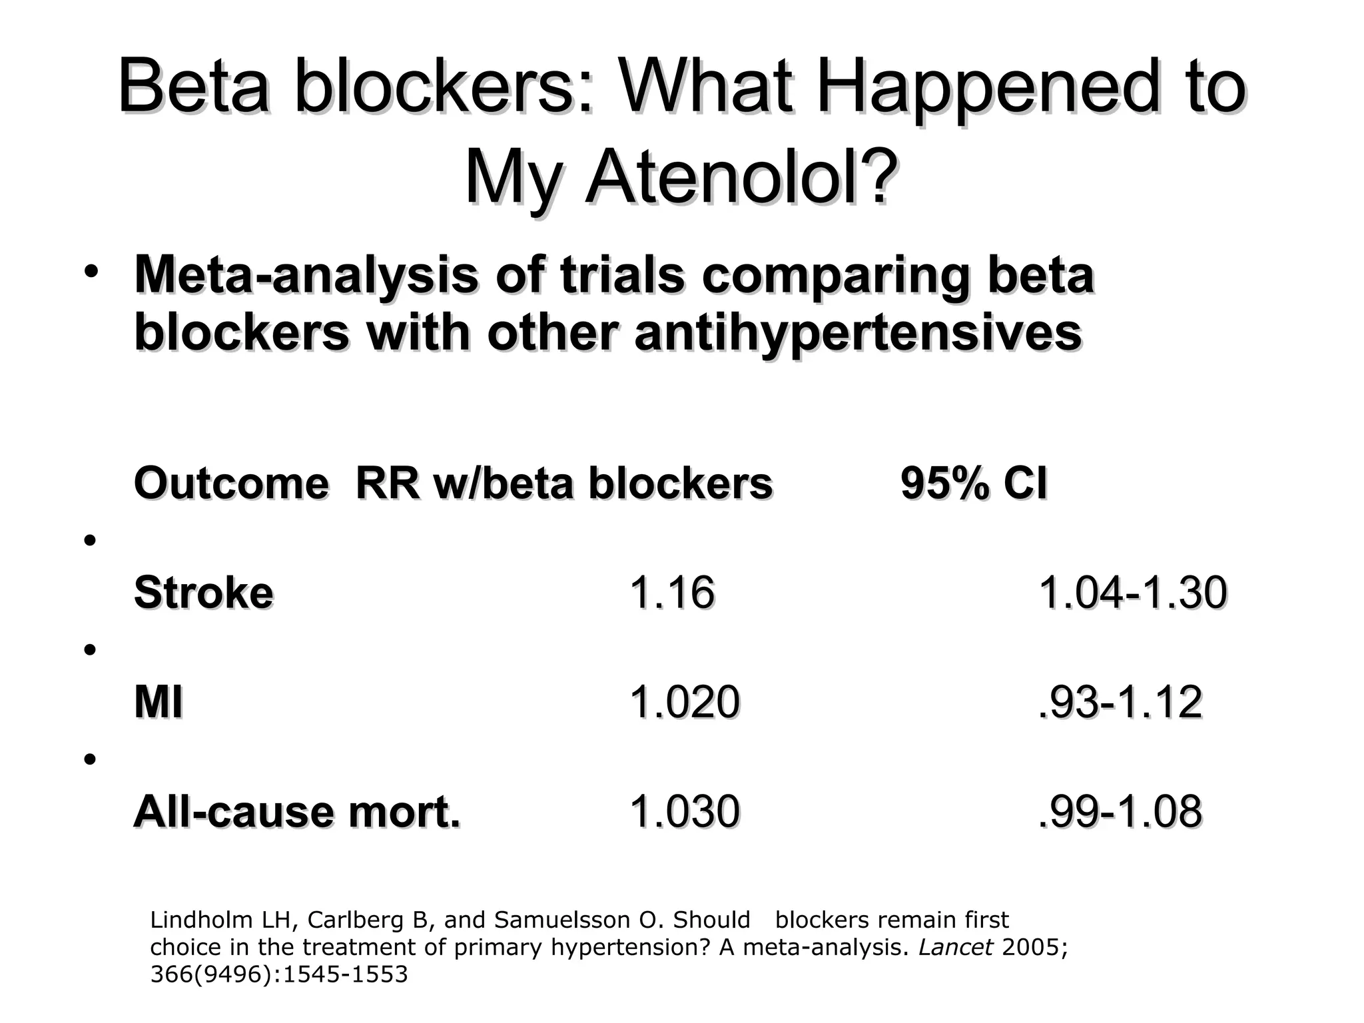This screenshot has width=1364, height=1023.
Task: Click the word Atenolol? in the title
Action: (738, 178)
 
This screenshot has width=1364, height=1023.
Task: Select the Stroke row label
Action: (204, 592)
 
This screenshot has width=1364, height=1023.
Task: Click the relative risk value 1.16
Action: (672, 592)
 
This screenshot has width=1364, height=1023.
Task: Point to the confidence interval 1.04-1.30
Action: (1132, 592)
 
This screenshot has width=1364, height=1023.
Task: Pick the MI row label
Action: (159, 702)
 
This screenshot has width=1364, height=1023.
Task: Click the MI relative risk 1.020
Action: (685, 702)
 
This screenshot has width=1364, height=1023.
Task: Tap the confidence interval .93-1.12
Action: (1120, 702)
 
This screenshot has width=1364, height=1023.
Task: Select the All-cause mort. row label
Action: (297, 812)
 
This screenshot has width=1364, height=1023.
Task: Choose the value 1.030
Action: (685, 812)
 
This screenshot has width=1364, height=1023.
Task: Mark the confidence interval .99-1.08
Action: (1120, 812)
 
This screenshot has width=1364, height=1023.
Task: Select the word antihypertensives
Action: (858, 332)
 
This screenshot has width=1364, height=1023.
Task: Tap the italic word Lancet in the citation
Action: (956, 947)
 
